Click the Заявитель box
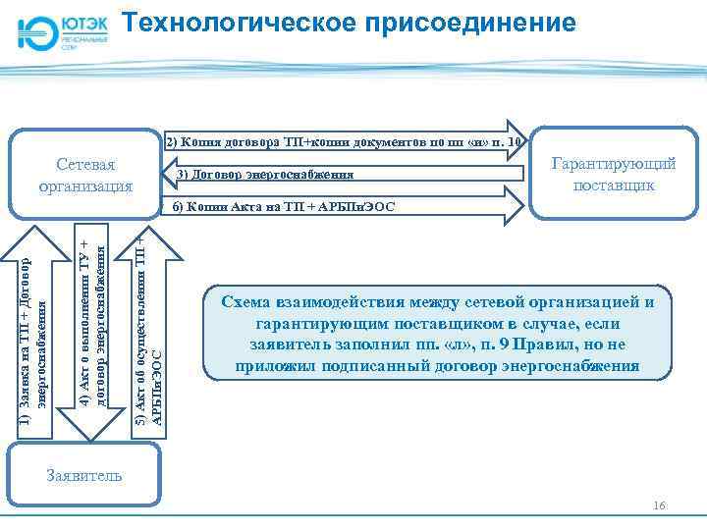pos(83,475)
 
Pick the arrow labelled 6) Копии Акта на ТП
pos(344,207)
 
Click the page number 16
pos(659,505)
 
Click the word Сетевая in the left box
pos(83,163)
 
